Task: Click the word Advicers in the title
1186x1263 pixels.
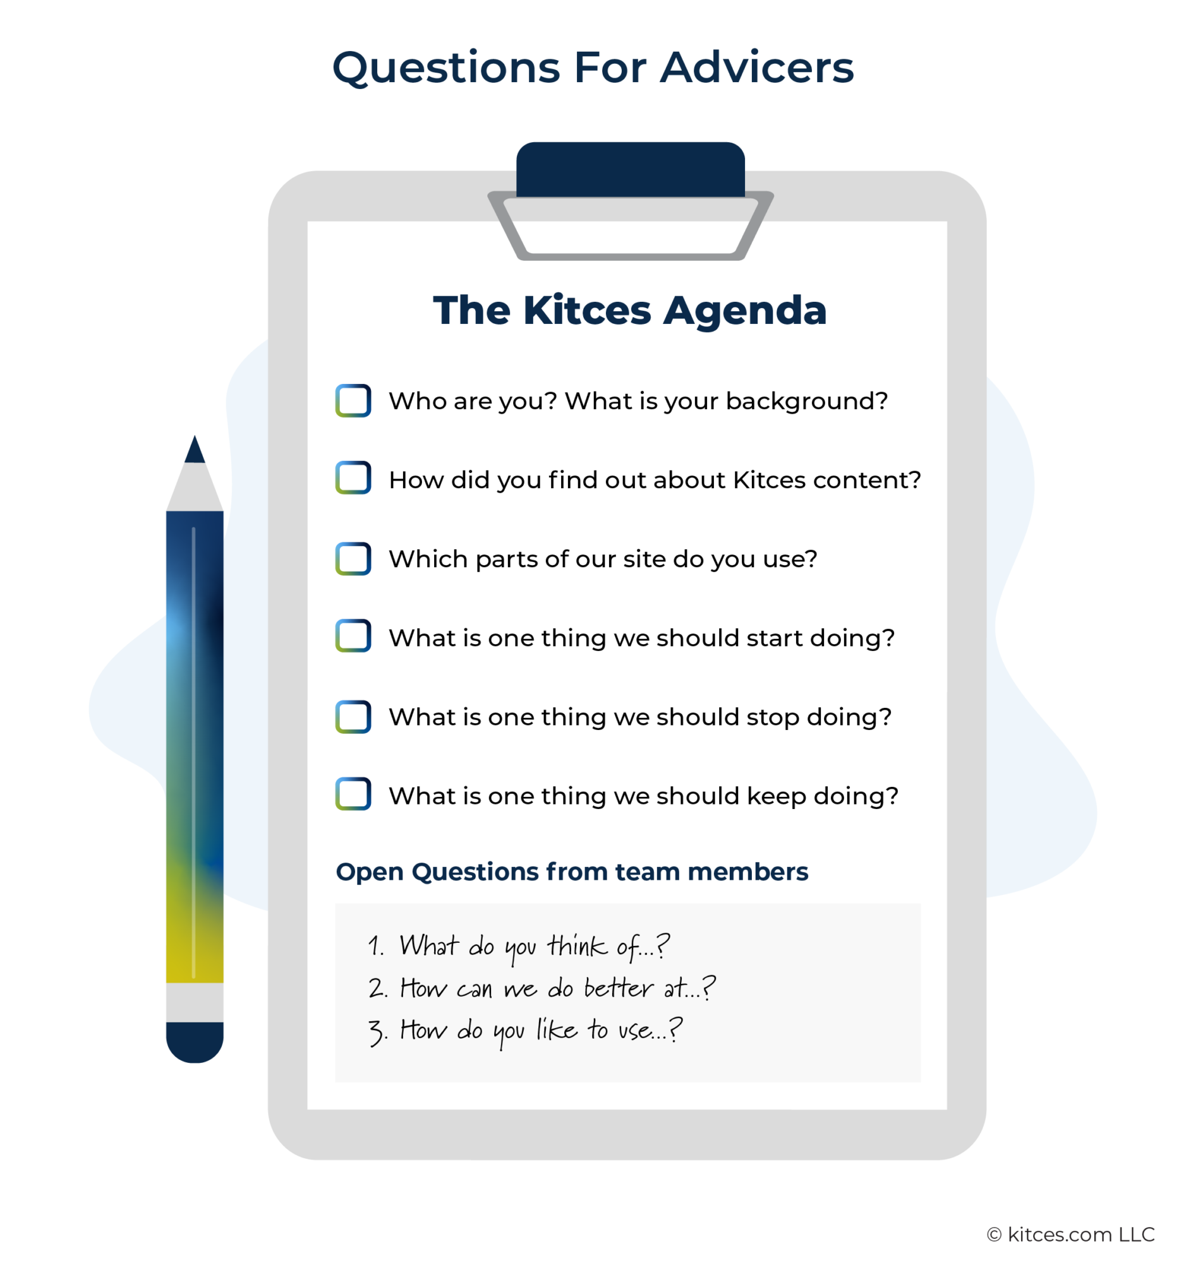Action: [756, 68]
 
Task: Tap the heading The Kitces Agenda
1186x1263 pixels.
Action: [629, 310]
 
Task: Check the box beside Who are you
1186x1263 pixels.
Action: [353, 401]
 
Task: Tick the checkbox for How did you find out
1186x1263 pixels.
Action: [353, 478]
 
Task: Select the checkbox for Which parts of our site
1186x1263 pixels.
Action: [353, 558]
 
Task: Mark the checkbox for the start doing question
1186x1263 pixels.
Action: [353, 636]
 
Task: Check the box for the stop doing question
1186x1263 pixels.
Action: [353, 717]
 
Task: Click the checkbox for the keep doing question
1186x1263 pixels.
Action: [353, 794]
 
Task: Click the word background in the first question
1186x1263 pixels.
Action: [806, 401]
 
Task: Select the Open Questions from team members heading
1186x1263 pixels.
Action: [571, 871]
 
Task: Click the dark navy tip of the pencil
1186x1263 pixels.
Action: [195, 450]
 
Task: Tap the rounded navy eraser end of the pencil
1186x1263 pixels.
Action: [195, 1042]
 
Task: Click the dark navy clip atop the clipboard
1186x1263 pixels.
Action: [630, 169]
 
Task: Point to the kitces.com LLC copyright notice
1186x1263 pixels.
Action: [1070, 1234]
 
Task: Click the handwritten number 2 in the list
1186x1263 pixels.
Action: [376, 988]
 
